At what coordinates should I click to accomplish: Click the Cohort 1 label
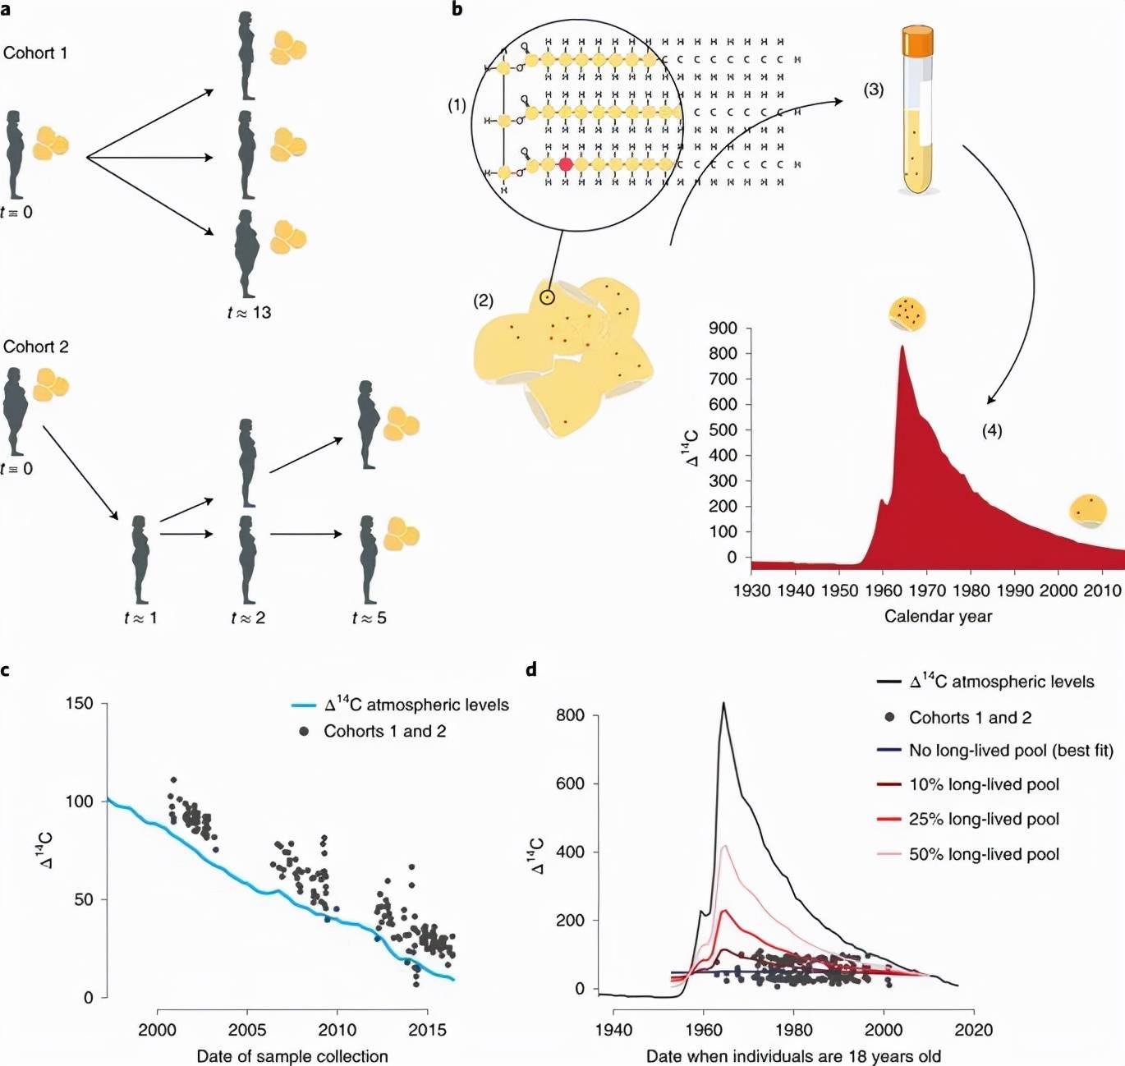35,53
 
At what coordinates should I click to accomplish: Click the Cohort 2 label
35,347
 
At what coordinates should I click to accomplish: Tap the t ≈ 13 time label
249,312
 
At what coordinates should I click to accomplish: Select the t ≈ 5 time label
369,618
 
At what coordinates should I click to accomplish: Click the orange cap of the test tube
917,41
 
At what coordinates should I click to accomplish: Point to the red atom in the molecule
566,164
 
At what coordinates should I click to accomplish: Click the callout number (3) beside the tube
873,90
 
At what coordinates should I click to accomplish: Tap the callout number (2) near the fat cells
483,301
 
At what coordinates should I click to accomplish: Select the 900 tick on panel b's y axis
723,329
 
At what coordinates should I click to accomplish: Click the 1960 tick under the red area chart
883,590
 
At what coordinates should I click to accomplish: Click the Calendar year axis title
938,616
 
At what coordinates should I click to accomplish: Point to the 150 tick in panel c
79,704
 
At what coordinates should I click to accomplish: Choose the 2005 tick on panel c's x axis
247,1030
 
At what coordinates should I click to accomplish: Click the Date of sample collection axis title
292,1056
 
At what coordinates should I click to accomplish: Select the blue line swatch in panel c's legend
304,705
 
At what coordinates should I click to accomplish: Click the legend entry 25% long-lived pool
984,819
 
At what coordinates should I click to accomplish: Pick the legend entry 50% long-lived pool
984,854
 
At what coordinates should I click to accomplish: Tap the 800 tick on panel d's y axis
570,715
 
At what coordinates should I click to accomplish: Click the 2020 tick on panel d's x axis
974,1030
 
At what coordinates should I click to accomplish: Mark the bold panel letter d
531,670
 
